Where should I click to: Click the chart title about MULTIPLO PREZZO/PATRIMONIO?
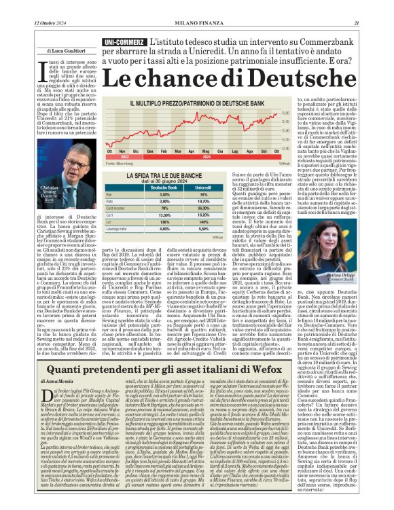pos(202,104)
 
